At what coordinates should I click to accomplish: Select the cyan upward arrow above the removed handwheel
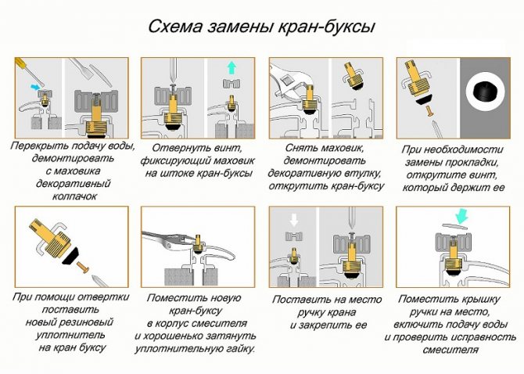(231, 68)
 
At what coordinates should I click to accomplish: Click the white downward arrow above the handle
(293, 220)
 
